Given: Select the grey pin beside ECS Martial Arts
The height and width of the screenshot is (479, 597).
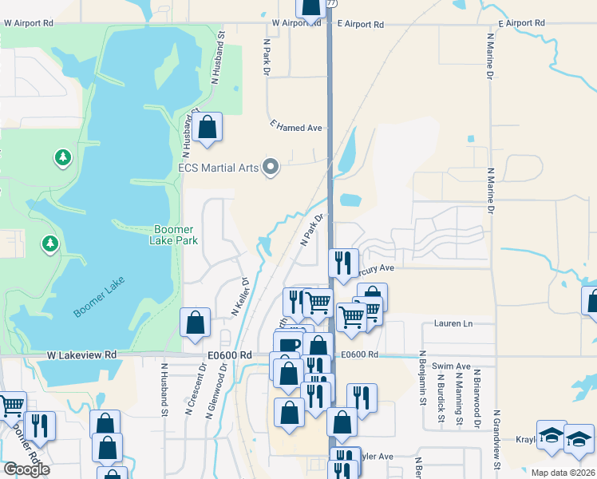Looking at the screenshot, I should pyautogui.click(x=271, y=168).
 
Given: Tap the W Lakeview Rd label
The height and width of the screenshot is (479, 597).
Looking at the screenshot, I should pyautogui.click(x=81, y=354).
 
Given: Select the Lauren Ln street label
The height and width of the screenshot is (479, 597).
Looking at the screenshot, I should pyautogui.click(x=453, y=323).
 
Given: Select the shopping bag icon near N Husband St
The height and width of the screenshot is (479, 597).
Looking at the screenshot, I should pyautogui.click(x=207, y=127).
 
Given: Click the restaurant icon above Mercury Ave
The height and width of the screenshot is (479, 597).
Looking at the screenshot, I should pyautogui.click(x=343, y=262).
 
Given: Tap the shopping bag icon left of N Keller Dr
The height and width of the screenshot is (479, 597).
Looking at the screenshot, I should pyautogui.click(x=196, y=323).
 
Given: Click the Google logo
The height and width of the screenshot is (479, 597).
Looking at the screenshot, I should pyautogui.click(x=26, y=469).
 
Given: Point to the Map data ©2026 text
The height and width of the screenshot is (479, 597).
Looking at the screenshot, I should pyautogui.click(x=563, y=473).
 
